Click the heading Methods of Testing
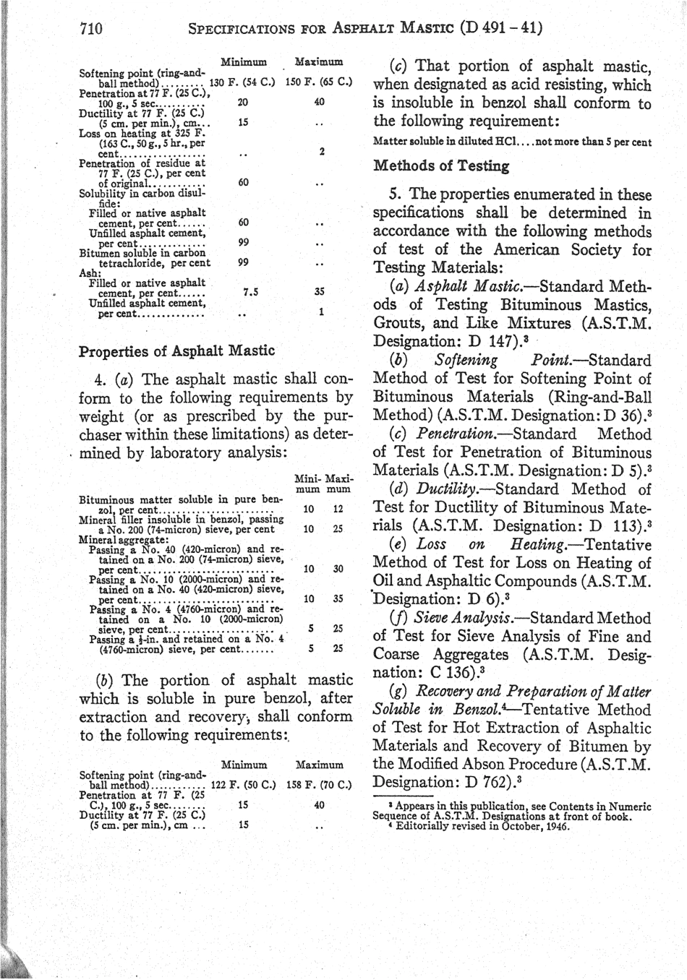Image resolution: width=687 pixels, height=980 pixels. [441, 166]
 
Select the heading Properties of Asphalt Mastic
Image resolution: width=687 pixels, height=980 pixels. [176, 351]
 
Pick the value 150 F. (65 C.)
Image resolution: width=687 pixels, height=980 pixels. [318, 82]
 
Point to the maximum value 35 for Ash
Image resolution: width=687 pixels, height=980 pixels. [319, 293]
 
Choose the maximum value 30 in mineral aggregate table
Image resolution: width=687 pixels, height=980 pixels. [337, 569]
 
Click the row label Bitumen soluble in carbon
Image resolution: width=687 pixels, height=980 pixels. [142, 253]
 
